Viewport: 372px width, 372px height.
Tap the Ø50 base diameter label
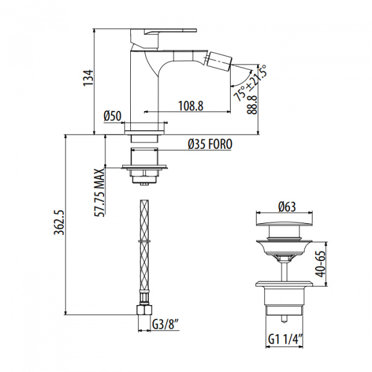(x=112, y=116)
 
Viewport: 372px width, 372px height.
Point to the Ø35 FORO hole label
(x=210, y=144)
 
